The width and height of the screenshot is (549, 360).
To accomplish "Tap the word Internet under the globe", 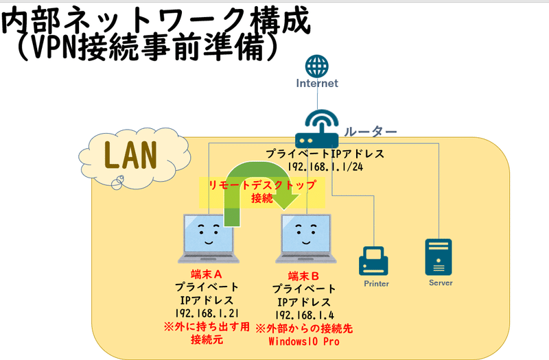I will coord(316,84).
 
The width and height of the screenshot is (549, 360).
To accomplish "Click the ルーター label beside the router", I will coord(371,131).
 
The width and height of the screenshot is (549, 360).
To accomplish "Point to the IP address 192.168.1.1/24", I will coord(326,167).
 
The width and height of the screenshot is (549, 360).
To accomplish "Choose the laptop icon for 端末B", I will coord(305,239).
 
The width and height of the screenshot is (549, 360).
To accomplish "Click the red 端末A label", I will coord(207,274).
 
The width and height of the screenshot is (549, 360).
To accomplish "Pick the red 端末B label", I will coord(305,275).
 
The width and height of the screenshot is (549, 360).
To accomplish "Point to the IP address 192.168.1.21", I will coord(207,313).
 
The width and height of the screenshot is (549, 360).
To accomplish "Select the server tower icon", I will coord(439,256).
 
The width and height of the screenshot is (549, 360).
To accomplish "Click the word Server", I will coord(440,283).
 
